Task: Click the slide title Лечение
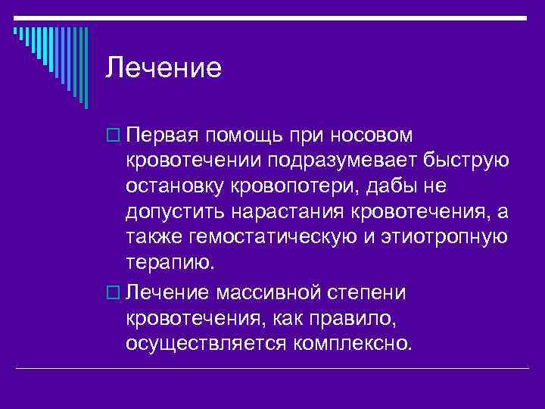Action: (163, 69)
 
